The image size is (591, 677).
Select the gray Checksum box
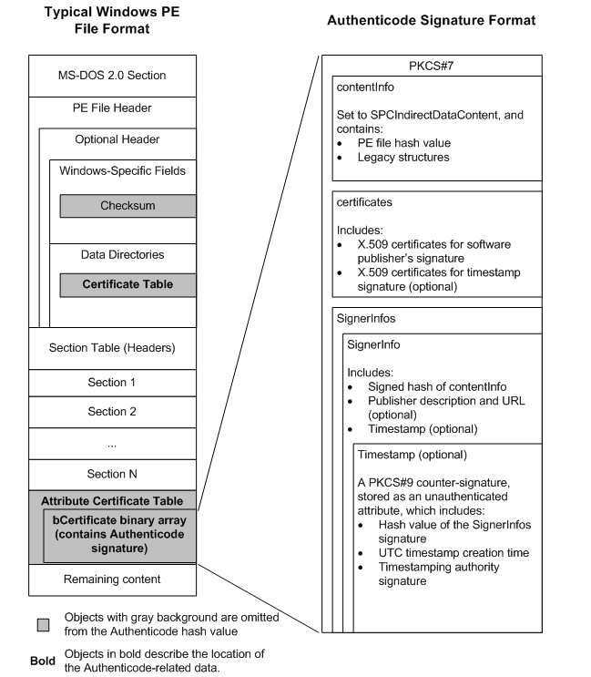click(x=127, y=206)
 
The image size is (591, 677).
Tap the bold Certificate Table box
click(x=127, y=284)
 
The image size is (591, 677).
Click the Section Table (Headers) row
click(x=112, y=347)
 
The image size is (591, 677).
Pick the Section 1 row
click(x=112, y=382)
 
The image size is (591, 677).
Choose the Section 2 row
click(x=112, y=412)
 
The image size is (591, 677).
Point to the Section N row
click(x=112, y=474)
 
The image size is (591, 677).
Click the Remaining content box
click(x=112, y=579)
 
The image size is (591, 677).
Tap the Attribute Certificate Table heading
click(x=112, y=500)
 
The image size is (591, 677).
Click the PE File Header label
click(x=112, y=108)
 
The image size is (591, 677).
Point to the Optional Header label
click(x=117, y=139)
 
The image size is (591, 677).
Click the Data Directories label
click(x=123, y=254)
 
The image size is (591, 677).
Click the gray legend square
click(x=42, y=625)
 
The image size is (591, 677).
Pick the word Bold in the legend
click(x=43, y=661)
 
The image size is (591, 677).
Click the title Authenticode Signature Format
click(x=432, y=20)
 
